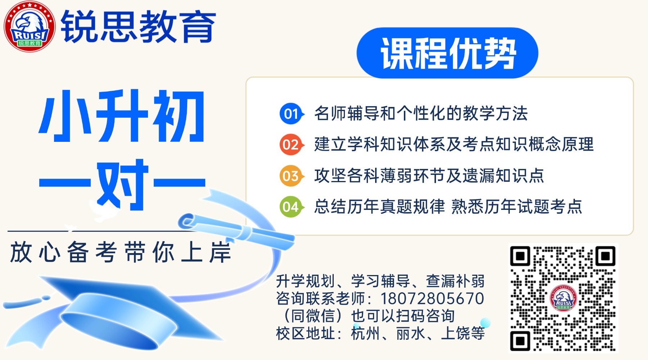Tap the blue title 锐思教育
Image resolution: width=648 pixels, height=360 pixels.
(139, 26)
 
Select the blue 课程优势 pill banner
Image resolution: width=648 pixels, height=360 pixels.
(447, 53)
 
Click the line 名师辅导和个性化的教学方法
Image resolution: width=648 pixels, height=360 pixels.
(421, 114)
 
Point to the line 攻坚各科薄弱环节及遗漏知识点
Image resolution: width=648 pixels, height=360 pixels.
(429, 176)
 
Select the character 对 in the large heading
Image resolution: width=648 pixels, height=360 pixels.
(122, 185)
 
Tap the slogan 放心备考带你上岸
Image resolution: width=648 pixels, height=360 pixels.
(121, 252)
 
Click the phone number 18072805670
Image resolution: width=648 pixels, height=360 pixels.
(432, 299)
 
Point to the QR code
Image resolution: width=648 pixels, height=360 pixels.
(563, 298)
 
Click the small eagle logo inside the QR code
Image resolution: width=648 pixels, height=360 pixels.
(563, 298)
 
